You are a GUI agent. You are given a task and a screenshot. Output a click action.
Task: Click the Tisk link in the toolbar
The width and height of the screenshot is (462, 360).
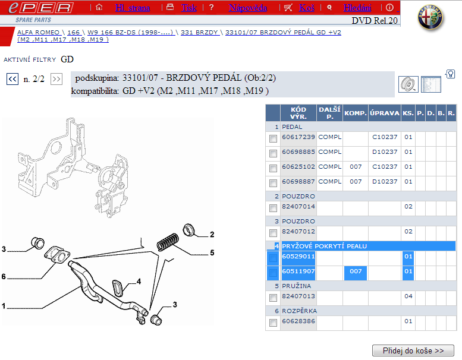pos(189,8)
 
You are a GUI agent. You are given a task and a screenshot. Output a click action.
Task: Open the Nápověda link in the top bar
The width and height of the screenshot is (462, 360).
pos(248,8)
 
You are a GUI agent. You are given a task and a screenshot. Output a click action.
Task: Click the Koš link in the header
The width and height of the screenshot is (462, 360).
pos(307,8)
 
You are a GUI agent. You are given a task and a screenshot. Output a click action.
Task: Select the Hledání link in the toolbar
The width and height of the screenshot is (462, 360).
pos(357,8)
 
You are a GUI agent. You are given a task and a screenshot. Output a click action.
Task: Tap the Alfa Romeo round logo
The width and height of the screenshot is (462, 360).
pos(430,17)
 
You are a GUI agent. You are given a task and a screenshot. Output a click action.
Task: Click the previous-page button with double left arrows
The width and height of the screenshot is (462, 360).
pos(12,79)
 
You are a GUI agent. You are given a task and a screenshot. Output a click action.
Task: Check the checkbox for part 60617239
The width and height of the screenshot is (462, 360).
pos(273,138)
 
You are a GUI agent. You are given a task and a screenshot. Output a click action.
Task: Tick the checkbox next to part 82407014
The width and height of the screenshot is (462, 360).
pos(273,208)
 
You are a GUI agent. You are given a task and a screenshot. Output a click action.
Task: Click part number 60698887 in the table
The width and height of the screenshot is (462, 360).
pos(298,182)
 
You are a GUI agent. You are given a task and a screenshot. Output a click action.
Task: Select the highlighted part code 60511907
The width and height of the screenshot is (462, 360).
pos(298,271)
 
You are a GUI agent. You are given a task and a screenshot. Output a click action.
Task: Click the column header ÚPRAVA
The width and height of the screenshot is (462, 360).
pos(385,113)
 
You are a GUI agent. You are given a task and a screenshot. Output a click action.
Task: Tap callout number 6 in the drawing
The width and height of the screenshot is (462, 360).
pos(4,276)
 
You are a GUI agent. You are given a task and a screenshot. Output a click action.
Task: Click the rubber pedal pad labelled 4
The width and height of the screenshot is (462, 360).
pos(118,288)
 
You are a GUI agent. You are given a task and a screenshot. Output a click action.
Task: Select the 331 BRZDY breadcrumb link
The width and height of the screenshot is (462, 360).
pos(199,33)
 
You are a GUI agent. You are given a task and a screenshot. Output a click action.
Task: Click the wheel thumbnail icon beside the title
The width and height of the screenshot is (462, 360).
pos(408,84)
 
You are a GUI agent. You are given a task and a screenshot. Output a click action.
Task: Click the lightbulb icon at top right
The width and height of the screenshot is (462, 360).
pos(450,74)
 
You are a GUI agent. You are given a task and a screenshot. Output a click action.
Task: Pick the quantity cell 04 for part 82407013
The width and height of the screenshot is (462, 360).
pos(408,296)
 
